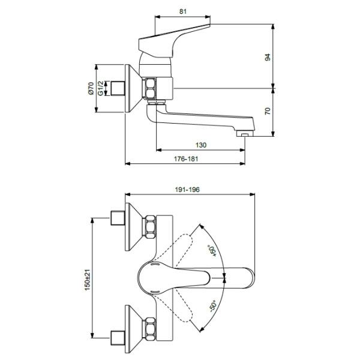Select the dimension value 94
[268, 58]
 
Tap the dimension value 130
[200, 145]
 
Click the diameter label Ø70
[91, 89]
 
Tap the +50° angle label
[211, 250]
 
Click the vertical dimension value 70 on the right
[268, 112]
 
